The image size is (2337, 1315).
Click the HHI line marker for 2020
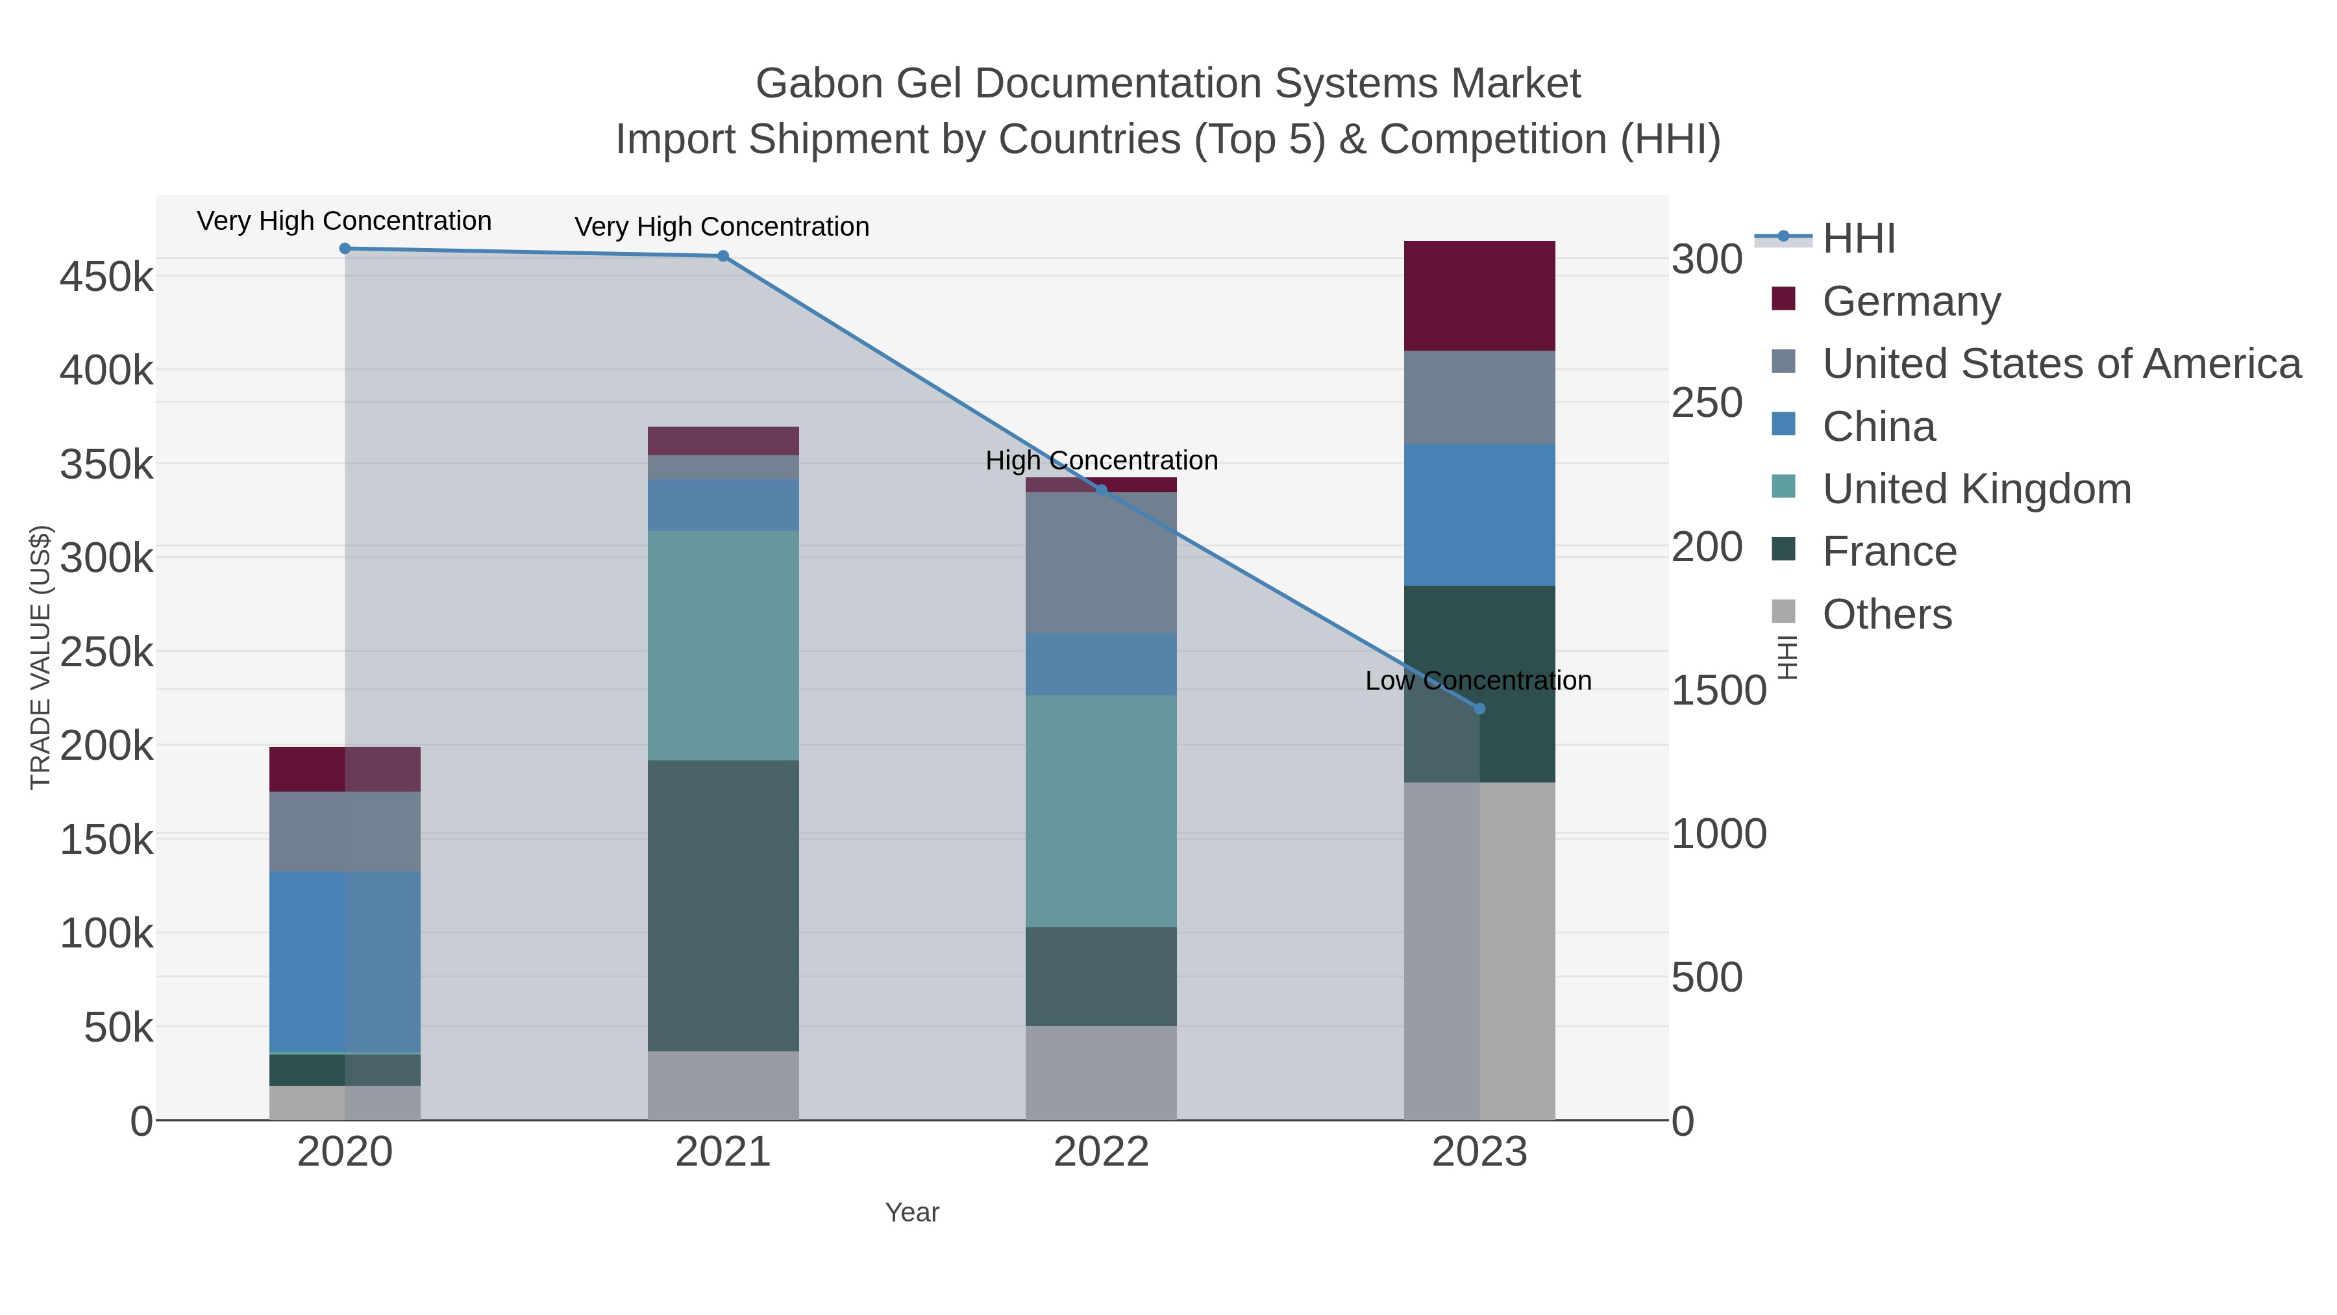tap(345, 249)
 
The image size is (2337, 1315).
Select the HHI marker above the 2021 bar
tap(723, 256)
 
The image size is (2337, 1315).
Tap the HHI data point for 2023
tap(1479, 708)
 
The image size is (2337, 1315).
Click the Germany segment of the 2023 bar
tap(1479, 296)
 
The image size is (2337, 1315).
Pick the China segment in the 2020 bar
tap(345, 962)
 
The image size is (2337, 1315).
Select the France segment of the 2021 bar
tap(723, 906)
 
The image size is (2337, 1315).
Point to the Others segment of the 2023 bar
tap(1479, 951)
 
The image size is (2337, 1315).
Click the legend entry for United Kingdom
tap(1976, 489)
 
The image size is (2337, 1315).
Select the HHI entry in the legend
tap(1858, 239)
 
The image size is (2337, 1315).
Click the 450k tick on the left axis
tap(106, 277)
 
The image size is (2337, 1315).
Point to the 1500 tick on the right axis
tap(1718, 691)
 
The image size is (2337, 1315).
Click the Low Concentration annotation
tap(1478, 681)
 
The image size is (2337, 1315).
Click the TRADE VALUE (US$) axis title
tap(41, 657)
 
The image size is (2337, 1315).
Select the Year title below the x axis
tap(912, 1212)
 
